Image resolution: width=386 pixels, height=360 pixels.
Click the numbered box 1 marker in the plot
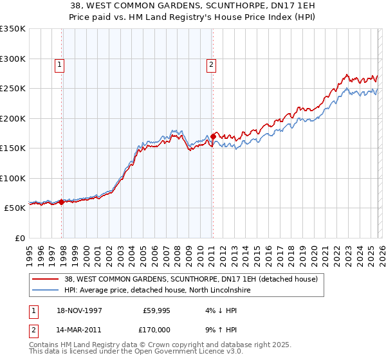pos(59,64)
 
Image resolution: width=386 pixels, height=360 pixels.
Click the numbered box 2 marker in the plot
pos(211,64)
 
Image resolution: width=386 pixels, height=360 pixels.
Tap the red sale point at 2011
pos(213,136)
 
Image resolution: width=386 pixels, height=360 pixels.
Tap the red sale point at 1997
pos(62,202)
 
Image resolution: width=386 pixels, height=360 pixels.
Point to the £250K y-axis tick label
pos(13,88)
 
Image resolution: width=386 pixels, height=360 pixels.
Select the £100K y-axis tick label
pos(13,178)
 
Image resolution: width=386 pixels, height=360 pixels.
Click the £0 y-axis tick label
pos(19,238)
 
